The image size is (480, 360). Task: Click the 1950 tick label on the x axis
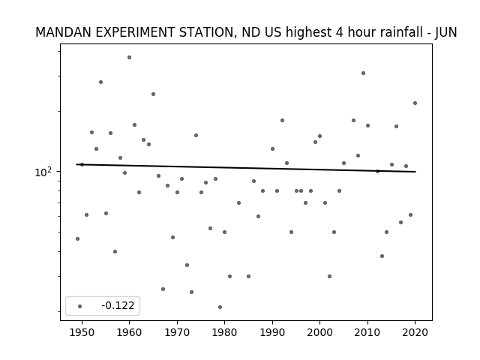(82, 332)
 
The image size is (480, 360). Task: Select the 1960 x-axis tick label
(129, 332)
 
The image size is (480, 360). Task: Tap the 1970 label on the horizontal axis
(177, 332)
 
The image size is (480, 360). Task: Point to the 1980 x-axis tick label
(224, 332)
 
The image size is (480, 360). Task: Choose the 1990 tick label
(272, 332)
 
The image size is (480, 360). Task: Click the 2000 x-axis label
(320, 332)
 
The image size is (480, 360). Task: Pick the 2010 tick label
(367, 332)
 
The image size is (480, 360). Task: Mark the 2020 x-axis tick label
(415, 332)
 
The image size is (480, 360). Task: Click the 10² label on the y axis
(43, 172)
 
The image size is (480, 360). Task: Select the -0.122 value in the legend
(118, 305)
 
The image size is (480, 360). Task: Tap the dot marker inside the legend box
(80, 306)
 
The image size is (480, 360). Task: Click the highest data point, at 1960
(129, 57)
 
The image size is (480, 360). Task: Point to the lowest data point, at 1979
(220, 307)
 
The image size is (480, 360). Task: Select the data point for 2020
(415, 103)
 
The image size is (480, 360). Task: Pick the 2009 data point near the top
(363, 73)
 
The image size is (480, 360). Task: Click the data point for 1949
(77, 238)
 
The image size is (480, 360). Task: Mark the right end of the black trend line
(415, 172)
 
